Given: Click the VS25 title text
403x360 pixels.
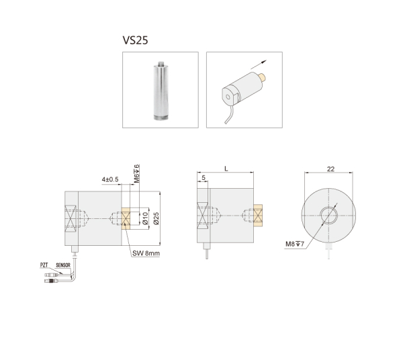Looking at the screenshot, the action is [135, 40].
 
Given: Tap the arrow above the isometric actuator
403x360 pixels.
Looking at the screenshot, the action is [259, 64].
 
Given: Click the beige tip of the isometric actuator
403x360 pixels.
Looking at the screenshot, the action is [263, 77].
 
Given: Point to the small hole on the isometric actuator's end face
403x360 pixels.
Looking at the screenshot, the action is [228, 97].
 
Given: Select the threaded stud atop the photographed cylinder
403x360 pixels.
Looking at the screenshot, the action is [161, 62].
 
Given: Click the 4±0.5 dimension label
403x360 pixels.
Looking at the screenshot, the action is [110, 179].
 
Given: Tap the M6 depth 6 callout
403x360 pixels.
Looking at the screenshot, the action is [137, 173].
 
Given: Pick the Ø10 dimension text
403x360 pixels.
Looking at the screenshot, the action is [145, 218].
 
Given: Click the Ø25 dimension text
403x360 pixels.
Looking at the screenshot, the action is [156, 218].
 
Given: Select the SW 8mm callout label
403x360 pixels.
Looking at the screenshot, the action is [146, 253].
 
